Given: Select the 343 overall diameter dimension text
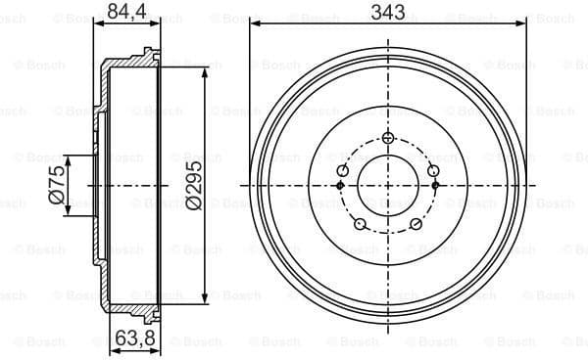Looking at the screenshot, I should [388, 12].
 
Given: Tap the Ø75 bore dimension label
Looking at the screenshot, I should [57, 183].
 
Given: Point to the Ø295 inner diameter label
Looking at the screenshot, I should [193, 183].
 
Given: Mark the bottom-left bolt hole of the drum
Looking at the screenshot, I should [359, 226].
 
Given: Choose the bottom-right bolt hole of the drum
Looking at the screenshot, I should [417, 226].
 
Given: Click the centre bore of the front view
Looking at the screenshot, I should [388, 185].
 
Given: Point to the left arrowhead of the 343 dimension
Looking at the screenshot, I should [254, 24].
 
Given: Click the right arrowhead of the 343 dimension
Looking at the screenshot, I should [523, 24].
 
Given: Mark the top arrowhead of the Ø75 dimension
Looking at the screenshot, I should [68, 157].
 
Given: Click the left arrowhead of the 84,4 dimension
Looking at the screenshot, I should [100, 24].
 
